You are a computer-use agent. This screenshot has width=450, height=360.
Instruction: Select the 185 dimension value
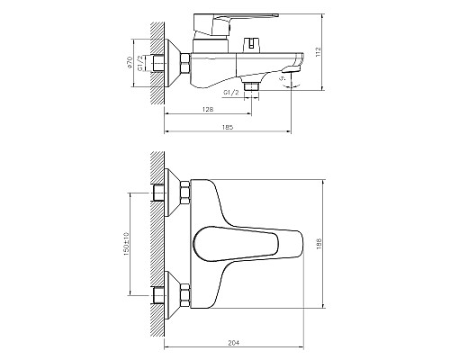click(227, 128)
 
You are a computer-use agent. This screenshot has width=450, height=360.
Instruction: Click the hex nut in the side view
click(184, 65)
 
